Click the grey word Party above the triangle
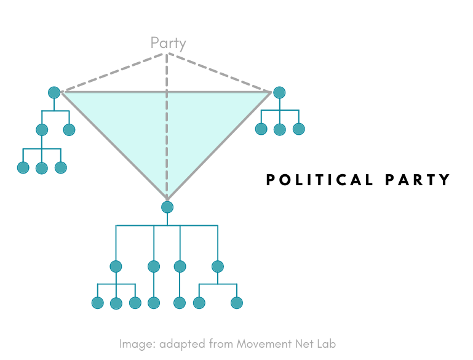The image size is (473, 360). pos(168,43)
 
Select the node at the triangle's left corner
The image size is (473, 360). pos(54,92)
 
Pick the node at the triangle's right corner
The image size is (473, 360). pos(279,92)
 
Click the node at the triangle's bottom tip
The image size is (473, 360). pos(167,207)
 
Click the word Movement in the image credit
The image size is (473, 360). pos(265,344)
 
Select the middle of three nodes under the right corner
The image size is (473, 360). pos(280,129)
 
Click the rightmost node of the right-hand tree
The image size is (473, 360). pos(299,129)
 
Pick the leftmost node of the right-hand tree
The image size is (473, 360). pos(261,129)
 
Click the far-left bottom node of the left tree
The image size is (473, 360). pos(23,167)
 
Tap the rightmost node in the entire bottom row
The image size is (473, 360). pos(237,303)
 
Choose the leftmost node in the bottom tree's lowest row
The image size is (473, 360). pos(97,303)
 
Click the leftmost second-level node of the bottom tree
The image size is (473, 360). pos(116,266)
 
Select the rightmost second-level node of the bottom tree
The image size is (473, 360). pos(217,266)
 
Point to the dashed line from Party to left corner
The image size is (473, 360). pos(111,73)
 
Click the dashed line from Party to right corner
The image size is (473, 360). pos(221,73)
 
